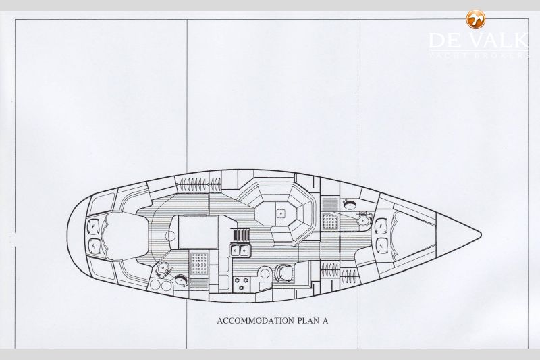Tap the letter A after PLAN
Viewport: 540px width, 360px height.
[x=325, y=321]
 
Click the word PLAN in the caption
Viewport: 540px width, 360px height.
[x=303, y=321]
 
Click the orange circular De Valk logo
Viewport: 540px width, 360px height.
[x=476, y=19]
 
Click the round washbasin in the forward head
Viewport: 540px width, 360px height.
[x=350, y=205]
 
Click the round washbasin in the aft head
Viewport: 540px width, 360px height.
[x=181, y=280]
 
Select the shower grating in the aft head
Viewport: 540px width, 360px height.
[x=199, y=263]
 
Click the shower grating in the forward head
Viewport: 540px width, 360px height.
[x=329, y=221]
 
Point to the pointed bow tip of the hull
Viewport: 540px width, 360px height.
[x=481, y=235]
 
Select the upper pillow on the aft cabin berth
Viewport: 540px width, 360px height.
[x=94, y=226]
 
